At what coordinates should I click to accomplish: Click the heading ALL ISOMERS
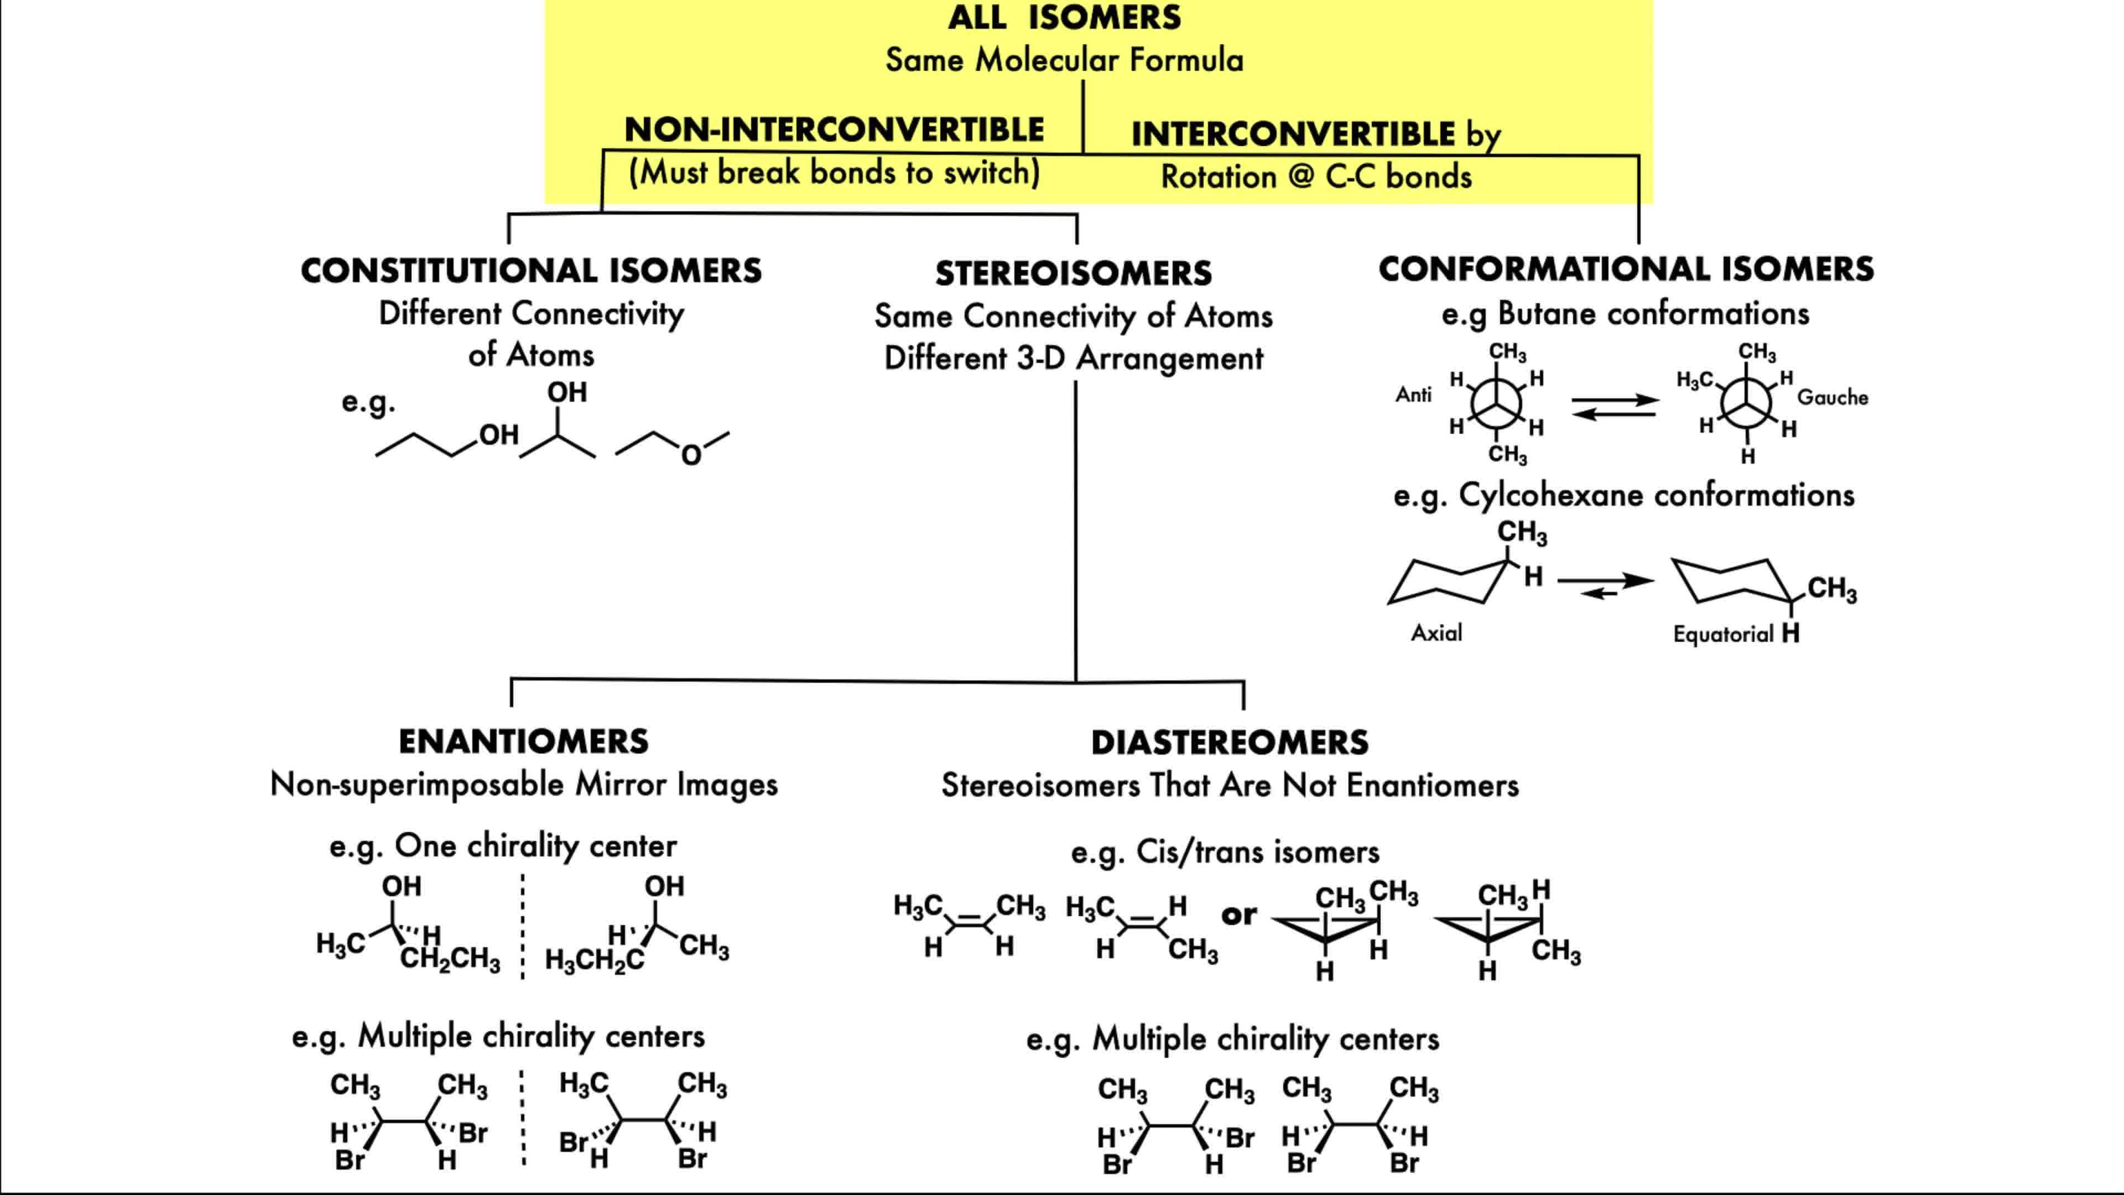click(1064, 17)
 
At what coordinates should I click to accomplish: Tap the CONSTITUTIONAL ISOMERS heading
click(531, 271)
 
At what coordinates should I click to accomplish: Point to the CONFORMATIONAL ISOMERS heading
click(1626, 269)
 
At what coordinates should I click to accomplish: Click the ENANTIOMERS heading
click(524, 741)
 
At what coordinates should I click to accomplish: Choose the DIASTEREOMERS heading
click(1230, 742)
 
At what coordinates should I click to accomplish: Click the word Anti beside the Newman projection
click(1413, 395)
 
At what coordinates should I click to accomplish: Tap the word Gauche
click(1832, 398)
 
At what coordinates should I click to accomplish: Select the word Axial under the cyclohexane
click(1436, 632)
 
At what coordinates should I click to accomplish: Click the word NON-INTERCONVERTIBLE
click(834, 131)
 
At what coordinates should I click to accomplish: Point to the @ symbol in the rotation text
click(1300, 176)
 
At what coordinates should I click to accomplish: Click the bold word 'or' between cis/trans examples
click(1239, 915)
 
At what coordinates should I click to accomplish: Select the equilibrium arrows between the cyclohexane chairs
click(1605, 585)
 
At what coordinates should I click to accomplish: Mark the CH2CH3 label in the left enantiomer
click(450, 959)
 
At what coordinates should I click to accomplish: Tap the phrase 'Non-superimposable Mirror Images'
click(524, 784)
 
